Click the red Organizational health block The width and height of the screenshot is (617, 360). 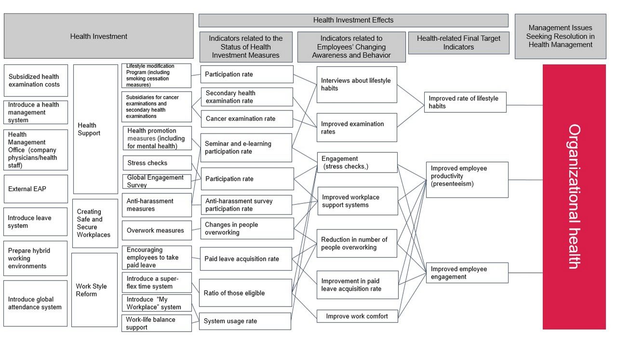pos(574,197)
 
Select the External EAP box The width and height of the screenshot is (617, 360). pos(36,189)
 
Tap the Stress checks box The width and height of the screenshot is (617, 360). pos(157,163)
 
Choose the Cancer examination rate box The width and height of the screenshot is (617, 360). pos(246,119)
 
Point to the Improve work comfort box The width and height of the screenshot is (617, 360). pos(357,316)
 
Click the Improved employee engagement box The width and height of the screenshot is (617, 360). pos(467,273)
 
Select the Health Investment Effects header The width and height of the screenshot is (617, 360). pos(353,20)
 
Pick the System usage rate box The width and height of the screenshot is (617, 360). pos(245,321)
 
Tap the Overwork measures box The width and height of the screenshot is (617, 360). pos(157,230)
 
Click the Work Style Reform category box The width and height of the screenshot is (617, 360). pos(94,290)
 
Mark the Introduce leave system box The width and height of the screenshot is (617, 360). pos(36,222)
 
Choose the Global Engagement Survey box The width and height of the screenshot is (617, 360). pos(157,181)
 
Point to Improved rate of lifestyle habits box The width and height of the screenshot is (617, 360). pos(465,102)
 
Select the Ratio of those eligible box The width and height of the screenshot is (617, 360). pos(245,293)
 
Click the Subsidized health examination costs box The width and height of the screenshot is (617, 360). pos(36,80)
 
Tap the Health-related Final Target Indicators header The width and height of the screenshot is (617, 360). pos(458,43)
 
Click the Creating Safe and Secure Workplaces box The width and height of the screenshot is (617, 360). pos(95,223)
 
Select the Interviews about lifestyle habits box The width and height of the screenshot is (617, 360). pos(357,84)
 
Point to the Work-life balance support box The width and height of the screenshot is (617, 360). pos(157,323)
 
